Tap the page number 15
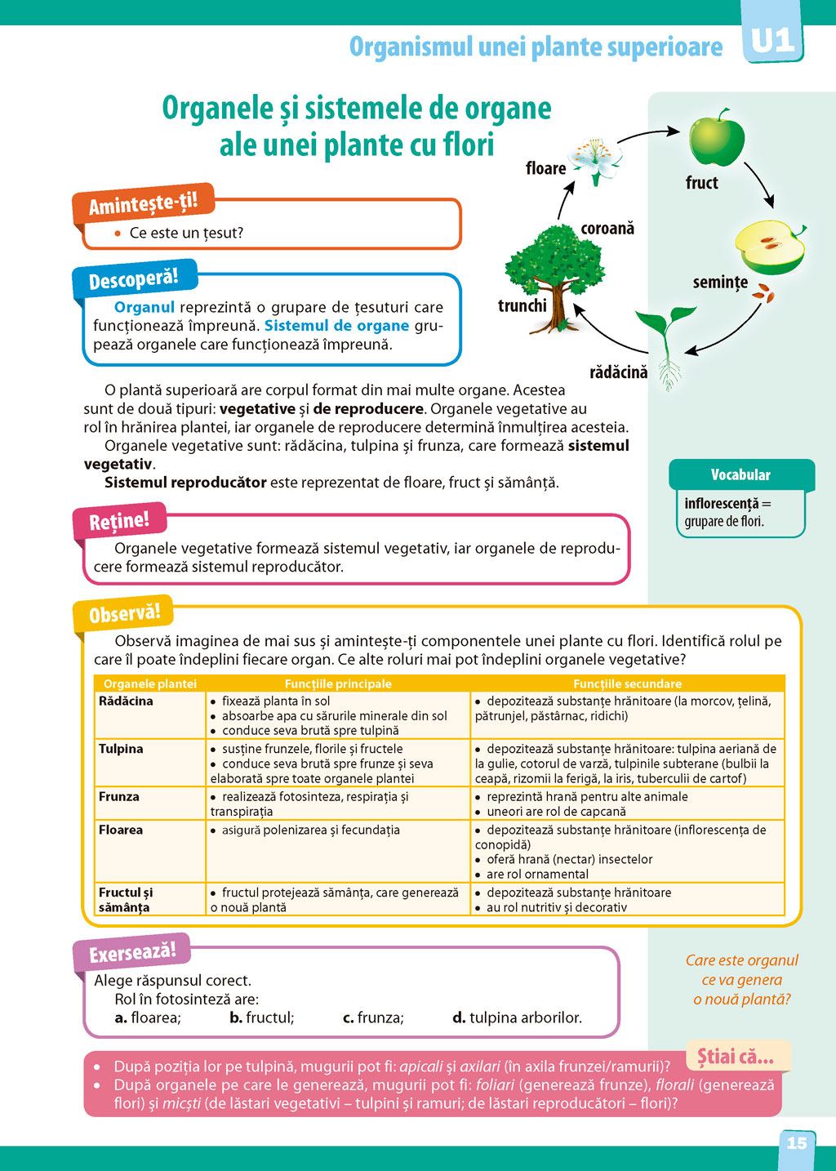pos(796,1143)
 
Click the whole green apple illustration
pos(717,138)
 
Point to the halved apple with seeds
pos(769,247)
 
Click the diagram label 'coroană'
pos(607,229)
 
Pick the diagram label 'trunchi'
pos(522,306)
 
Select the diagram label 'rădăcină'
pos(618,372)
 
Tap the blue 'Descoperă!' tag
pos(134,280)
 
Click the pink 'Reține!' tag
pos(119,521)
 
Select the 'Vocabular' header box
pos(740,474)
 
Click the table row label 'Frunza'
pos(119,797)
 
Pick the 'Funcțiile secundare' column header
pos(627,683)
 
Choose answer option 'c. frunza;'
pos(373,1017)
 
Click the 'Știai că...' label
pos(735,1057)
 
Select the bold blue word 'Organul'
pos(145,307)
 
